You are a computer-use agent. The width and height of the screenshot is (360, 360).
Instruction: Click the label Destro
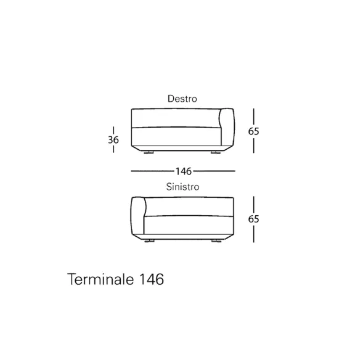tap(182, 99)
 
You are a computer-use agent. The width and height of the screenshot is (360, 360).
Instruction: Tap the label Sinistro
tap(182, 187)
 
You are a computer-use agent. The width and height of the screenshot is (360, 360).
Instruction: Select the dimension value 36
tap(113, 140)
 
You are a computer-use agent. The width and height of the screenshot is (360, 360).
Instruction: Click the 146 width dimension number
tap(184, 171)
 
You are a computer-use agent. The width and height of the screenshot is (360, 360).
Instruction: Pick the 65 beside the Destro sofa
tap(253, 131)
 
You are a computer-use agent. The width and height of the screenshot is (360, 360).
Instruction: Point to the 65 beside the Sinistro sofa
tap(253, 219)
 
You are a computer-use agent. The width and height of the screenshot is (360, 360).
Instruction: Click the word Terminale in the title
tap(100, 279)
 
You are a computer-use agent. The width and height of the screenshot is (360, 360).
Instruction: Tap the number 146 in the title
tap(152, 279)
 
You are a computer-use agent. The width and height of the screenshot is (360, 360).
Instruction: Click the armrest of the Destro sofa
tap(227, 127)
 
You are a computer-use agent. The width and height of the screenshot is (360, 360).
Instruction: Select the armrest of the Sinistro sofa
tap(137, 216)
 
